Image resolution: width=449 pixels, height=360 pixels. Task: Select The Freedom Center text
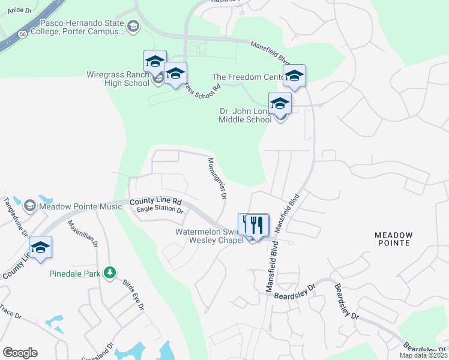pyautogui.click(x=248, y=77)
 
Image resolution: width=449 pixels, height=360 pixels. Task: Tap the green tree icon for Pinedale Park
pyautogui.click(x=109, y=274)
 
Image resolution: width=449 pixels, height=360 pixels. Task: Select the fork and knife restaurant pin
pyautogui.click(x=258, y=225)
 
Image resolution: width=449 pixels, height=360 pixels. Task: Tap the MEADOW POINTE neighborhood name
pyautogui.click(x=394, y=239)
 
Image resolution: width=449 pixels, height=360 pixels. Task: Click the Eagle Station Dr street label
pyautogui.click(x=160, y=209)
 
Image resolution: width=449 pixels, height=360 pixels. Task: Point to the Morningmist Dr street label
pyautogui.click(x=217, y=178)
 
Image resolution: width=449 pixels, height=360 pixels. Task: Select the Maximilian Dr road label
pyautogui.click(x=82, y=234)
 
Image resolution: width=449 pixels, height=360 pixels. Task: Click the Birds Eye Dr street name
pyautogui.click(x=133, y=294)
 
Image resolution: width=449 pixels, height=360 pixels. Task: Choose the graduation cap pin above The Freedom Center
pyautogui.click(x=294, y=76)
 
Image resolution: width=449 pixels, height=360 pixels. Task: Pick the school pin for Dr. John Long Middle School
pyautogui.click(x=280, y=103)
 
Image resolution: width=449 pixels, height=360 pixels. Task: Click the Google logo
pyautogui.click(x=20, y=353)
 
